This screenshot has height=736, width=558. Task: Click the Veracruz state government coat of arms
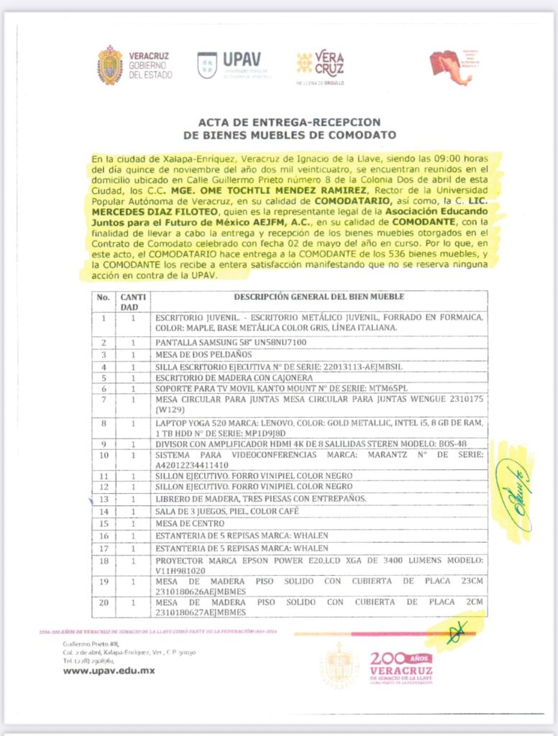click(110, 65)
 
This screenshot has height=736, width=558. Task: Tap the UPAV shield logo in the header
click(207, 65)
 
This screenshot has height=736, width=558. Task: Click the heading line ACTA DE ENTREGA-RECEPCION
click(279, 122)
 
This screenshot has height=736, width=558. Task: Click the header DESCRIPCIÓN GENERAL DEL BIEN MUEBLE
click(319, 297)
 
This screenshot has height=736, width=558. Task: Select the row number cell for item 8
click(104, 423)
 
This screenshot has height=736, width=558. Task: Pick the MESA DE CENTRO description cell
click(184, 523)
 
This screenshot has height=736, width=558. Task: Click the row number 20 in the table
click(104, 602)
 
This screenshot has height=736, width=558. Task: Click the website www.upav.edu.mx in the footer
click(109, 671)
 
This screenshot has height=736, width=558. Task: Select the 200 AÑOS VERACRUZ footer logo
click(400, 667)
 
